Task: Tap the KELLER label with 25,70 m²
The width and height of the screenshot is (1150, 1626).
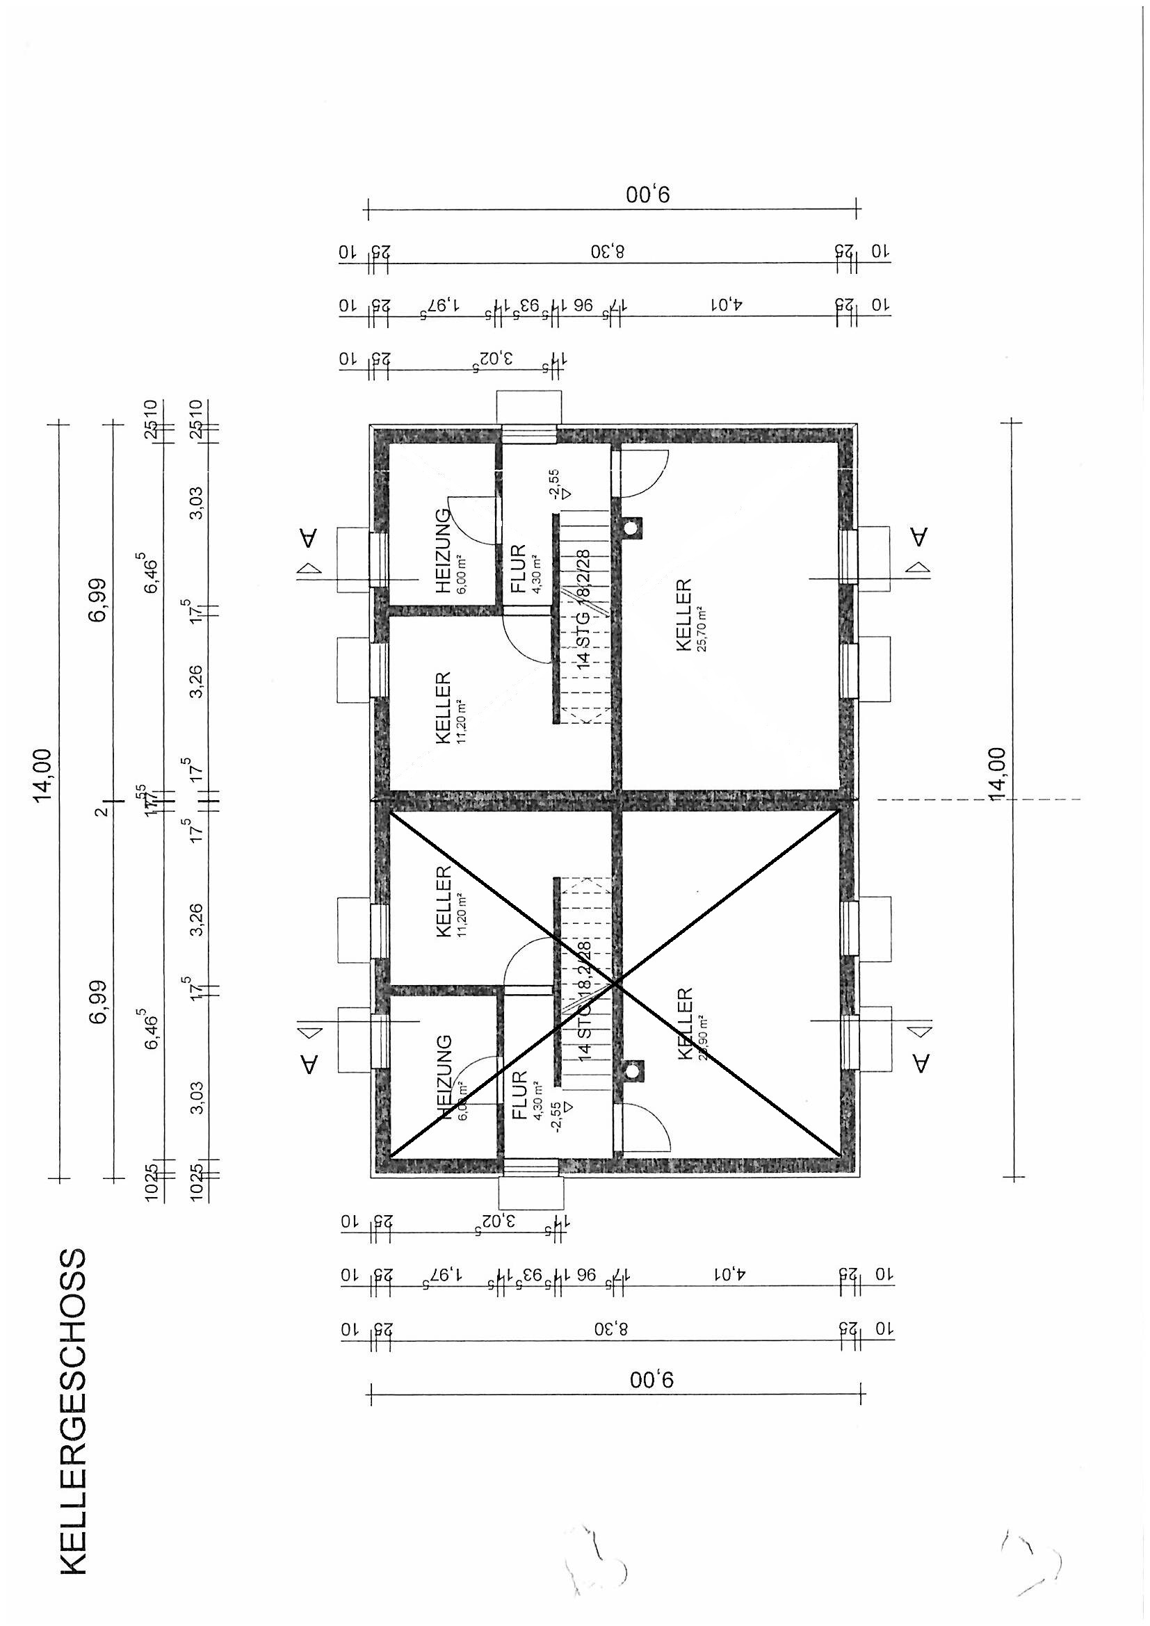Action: (x=684, y=615)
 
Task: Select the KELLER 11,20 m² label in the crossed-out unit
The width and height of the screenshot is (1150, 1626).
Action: (x=444, y=901)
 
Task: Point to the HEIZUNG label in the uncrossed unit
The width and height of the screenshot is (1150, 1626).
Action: (x=444, y=551)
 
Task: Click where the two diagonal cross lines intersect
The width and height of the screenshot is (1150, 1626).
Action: (x=615, y=982)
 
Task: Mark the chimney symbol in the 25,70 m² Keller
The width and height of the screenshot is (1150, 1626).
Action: (x=630, y=528)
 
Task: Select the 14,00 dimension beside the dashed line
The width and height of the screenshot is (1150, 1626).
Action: (x=998, y=773)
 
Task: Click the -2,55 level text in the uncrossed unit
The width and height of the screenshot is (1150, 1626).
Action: (x=554, y=483)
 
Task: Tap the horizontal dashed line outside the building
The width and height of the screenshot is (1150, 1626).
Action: (x=977, y=799)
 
